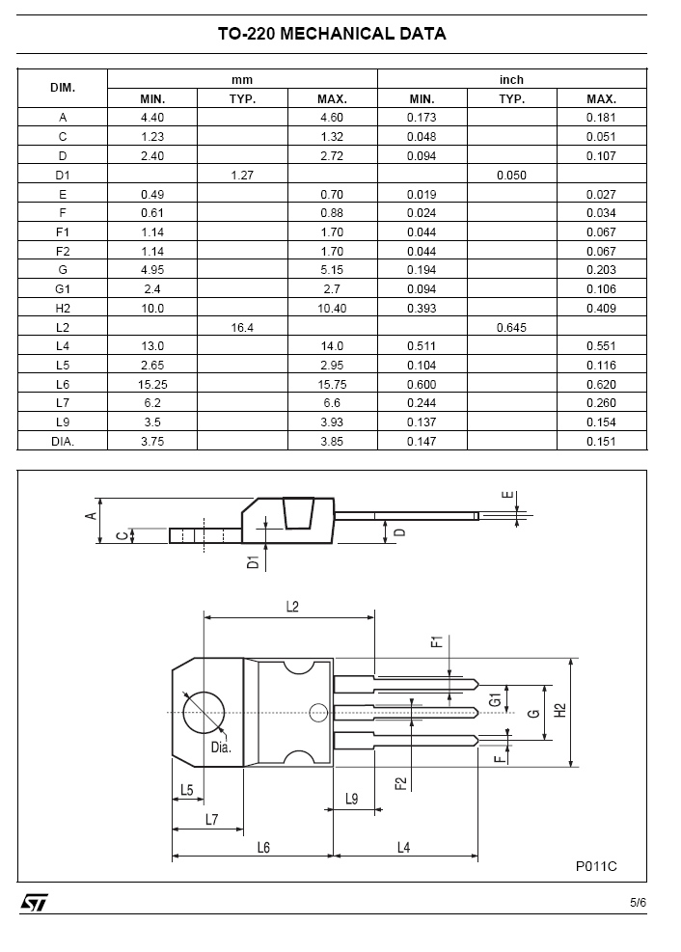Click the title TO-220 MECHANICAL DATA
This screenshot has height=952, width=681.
tap(332, 34)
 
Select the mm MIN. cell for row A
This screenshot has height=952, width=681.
tap(152, 118)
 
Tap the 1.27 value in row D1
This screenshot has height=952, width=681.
tap(242, 176)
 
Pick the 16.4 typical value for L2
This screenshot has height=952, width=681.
tap(242, 328)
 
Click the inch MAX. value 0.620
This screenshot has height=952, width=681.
tap(602, 384)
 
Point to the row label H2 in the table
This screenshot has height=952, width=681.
tap(63, 309)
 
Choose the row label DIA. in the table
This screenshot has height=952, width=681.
tap(63, 442)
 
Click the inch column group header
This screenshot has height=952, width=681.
tap(511, 79)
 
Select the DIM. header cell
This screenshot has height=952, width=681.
tap(63, 88)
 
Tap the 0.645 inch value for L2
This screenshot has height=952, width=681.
tap(511, 328)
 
